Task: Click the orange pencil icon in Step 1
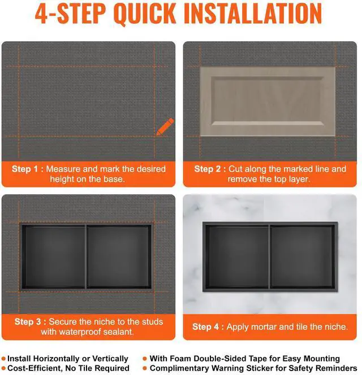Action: [165, 127]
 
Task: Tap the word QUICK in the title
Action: [145, 14]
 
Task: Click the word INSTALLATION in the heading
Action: [253, 14]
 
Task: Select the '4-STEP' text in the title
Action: [70, 14]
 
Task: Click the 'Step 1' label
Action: [25, 169]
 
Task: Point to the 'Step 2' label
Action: [207, 169]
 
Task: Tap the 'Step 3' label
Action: [28, 322]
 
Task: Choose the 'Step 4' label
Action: [205, 326]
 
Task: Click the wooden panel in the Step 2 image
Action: [268, 102]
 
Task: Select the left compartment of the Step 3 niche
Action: [54, 257]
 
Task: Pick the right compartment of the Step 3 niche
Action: [119, 257]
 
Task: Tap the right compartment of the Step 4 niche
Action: [303, 256]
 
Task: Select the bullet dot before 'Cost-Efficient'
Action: [3, 368]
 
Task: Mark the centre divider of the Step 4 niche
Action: [270, 256]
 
